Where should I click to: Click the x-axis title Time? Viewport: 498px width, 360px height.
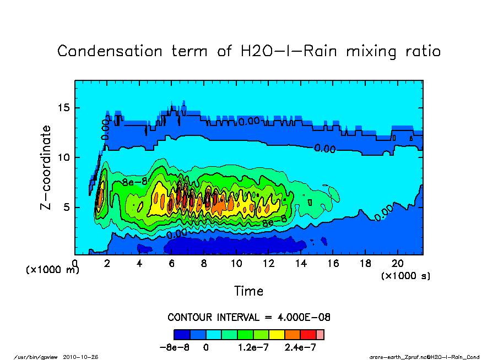click(x=249, y=291)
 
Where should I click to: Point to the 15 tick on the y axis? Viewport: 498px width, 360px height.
click(x=64, y=108)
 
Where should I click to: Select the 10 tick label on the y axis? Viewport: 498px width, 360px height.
click(x=64, y=157)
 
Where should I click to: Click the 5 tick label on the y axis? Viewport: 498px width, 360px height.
click(x=67, y=208)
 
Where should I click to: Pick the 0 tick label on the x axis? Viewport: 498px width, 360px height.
click(x=75, y=263)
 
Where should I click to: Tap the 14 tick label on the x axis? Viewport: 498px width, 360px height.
click(x=301, y=263)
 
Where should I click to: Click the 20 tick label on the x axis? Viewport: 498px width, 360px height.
click(x=398, y=263)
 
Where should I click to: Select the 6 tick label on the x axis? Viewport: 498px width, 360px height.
click(x=172, y=263)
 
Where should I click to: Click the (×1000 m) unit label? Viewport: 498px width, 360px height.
click(x=53, y=270)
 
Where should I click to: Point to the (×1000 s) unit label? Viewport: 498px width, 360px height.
click(x=406, y=275)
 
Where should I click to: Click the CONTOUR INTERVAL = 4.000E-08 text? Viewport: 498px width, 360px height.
click(x=249, y=318)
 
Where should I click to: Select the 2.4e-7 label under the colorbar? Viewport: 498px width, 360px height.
click(x=301, y=348)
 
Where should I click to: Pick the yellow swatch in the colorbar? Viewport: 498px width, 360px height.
click(x=277, y=334)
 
